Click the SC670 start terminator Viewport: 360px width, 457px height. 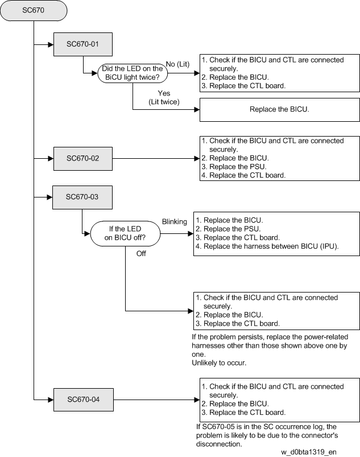(x=34, y=10)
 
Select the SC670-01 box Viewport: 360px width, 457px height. (x=83, y=44)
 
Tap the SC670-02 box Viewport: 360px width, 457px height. (x=83, y=159)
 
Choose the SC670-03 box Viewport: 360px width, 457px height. (x=82, y=197)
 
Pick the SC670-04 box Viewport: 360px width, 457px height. (x=84, y=400)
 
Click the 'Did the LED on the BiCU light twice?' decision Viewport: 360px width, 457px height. (x=133, y=73)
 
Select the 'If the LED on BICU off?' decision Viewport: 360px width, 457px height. (x=125, y=233)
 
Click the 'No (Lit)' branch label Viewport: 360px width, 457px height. (x=177, y=64)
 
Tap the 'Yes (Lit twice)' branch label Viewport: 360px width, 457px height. (x=164, y=98)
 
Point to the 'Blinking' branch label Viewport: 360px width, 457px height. (x=175, y=222)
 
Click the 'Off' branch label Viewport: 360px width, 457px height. (x=141, y=254)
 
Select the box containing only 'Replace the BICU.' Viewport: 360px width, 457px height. (x=280, y=110)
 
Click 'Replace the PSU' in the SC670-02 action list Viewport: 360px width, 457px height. (x=238, y=167)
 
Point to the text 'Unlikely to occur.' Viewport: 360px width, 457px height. (x=219, y=363)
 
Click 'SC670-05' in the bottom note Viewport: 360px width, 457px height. (x=218, y=427)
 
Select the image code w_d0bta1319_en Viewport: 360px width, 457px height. (x=309, y=452)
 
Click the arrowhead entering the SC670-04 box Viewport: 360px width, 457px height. (x=51, y=400)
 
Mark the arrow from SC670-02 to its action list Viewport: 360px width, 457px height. (x=156, y=159)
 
